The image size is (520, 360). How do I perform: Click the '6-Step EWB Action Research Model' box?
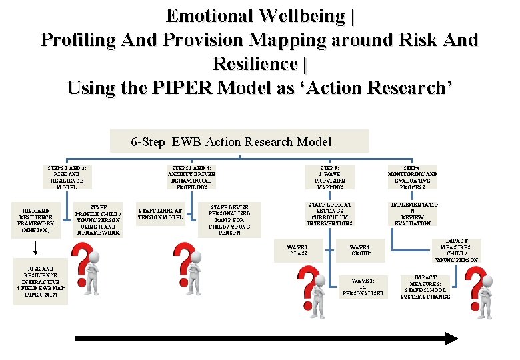(x=239, y=141)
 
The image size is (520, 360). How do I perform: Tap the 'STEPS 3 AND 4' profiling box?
(x=191, y=177)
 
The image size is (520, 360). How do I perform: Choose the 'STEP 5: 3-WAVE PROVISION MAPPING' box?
(x=330, y=177)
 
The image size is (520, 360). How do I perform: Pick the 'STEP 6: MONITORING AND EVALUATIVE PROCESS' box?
(x=413, y=177)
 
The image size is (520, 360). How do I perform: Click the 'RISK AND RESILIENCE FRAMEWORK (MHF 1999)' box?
(x=35, y=219)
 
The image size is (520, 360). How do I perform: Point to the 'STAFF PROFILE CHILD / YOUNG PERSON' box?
(x=98, y=219)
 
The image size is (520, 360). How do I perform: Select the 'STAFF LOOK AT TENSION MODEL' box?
(x=160, y=213)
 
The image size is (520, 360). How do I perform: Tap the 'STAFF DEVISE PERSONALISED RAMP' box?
(x=229, y=219)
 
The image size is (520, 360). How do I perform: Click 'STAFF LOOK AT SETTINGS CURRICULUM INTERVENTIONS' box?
(x=330, y=213)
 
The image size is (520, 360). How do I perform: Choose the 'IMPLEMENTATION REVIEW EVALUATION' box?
(x=413, y=213)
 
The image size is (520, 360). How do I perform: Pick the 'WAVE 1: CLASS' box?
(x=298, y=251)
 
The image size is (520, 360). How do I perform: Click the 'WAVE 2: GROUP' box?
(x=361, y=251)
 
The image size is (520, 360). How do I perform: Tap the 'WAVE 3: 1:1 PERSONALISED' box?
(x=363, y=287)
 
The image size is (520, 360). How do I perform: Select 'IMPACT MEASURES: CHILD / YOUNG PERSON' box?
(x=457, y=250)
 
